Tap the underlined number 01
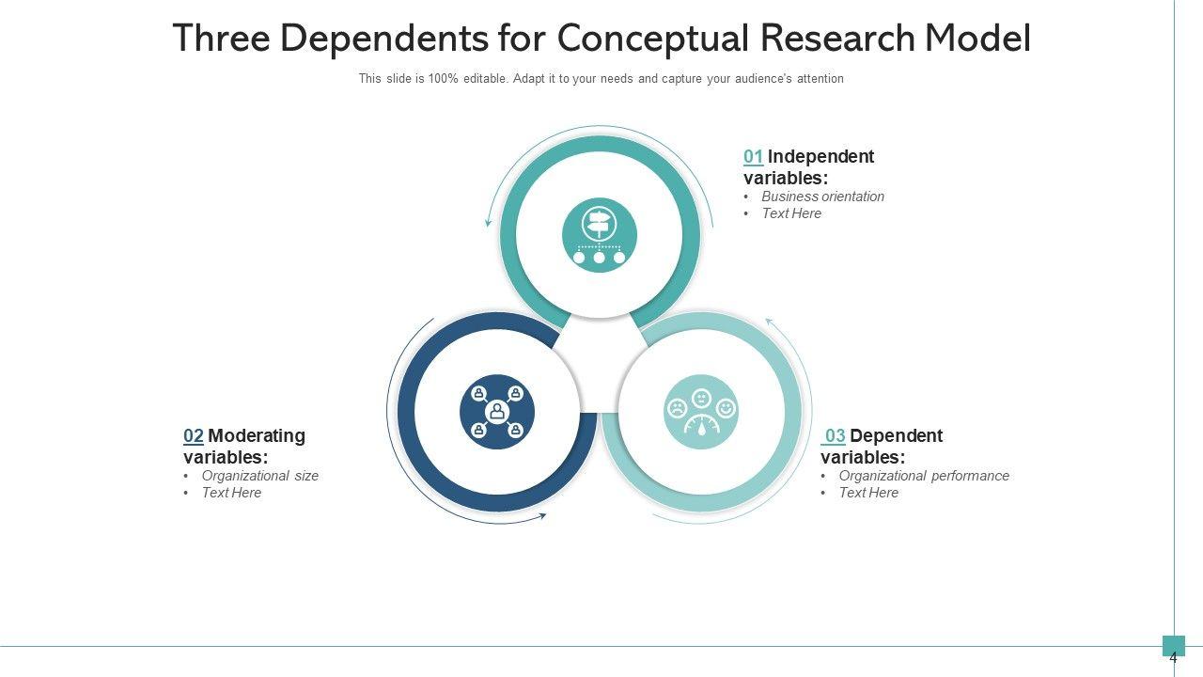click(x=753, y=157)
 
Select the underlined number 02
click(x=193, y=436)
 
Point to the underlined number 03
click(x=835, y=436)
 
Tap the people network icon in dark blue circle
click(x=496, y=412)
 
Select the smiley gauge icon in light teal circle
click(x=700, y=412)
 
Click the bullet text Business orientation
click(x=822, y=197)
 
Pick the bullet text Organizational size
click(x=259, y=476)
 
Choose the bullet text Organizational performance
click(x=924, y=476)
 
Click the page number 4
click(x=1173, y=658)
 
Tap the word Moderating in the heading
click(x=257, y=436)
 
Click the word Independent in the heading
click(x=820, y=157)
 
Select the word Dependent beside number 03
click(x=896, y=436)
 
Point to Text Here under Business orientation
click(x=791, y=213)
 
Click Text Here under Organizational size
click(x=231, y=493)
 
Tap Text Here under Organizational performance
click(x=868, y=493)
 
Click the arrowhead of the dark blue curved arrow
click(x=541, y=515)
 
